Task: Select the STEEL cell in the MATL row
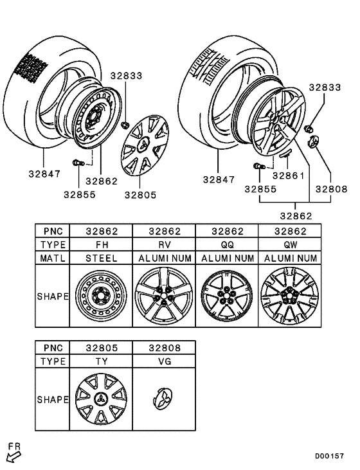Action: click(100, 258)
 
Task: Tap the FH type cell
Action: click(100, 244)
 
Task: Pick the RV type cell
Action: click(163, 244)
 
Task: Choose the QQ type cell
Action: click(226, 244)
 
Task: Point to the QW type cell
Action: click(289, 244)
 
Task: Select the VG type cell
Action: click(163, 361)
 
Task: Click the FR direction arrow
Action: click(13, 456)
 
